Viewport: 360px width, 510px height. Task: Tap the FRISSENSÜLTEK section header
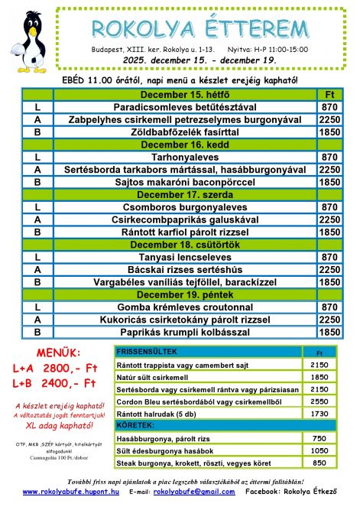(x=146, y=351)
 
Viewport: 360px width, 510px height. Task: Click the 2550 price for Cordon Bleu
(x=319, y=401)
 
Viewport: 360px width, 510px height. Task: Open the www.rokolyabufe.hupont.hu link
(x=71, y=492)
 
